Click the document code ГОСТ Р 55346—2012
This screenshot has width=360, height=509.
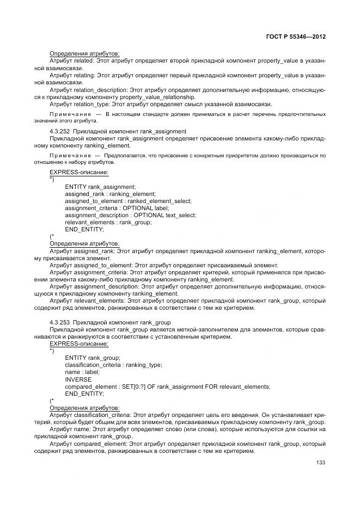coord(296,36)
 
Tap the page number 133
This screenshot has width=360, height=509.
coord(320,463)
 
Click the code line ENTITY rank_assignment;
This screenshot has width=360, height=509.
coord(100,187)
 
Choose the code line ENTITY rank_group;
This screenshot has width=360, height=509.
coord(92,357)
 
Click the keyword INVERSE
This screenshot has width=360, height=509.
coord(78,379)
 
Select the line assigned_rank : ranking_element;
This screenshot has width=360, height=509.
coord(110,194)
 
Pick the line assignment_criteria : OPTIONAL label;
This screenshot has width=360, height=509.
coord(117,208)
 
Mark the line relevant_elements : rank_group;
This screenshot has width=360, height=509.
coord(108,222)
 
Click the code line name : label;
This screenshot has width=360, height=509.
coord(82,371)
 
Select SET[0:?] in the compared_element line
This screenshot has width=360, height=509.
coord(130,386)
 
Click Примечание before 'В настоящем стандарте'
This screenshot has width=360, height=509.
coord(70,114)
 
